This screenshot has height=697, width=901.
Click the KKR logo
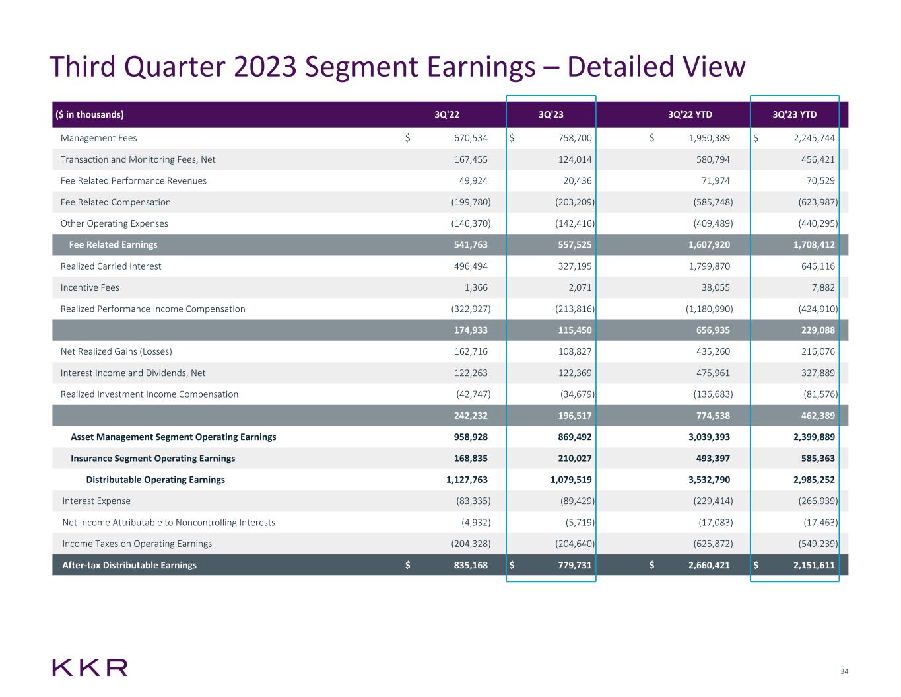click(90, 667)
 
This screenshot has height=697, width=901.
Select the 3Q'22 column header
click(447, 114)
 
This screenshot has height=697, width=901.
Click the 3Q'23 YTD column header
click(794, 114)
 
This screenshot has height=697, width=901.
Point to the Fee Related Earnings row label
click(113, 245)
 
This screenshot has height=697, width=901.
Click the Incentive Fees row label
click(90, 287)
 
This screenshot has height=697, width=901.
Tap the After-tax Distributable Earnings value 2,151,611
click(814, 565)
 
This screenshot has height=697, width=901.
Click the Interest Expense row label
click(96, 501)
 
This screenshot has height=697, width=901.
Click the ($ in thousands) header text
click(89, 114)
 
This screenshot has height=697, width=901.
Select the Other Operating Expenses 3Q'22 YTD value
click(709, 223)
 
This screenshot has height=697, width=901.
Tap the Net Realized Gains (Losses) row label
click(116, 351)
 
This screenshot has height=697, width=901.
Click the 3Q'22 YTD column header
click(690, 114)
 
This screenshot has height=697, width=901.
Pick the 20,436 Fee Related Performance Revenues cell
click(575, 181)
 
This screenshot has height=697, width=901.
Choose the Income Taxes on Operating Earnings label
click(137, 544)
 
